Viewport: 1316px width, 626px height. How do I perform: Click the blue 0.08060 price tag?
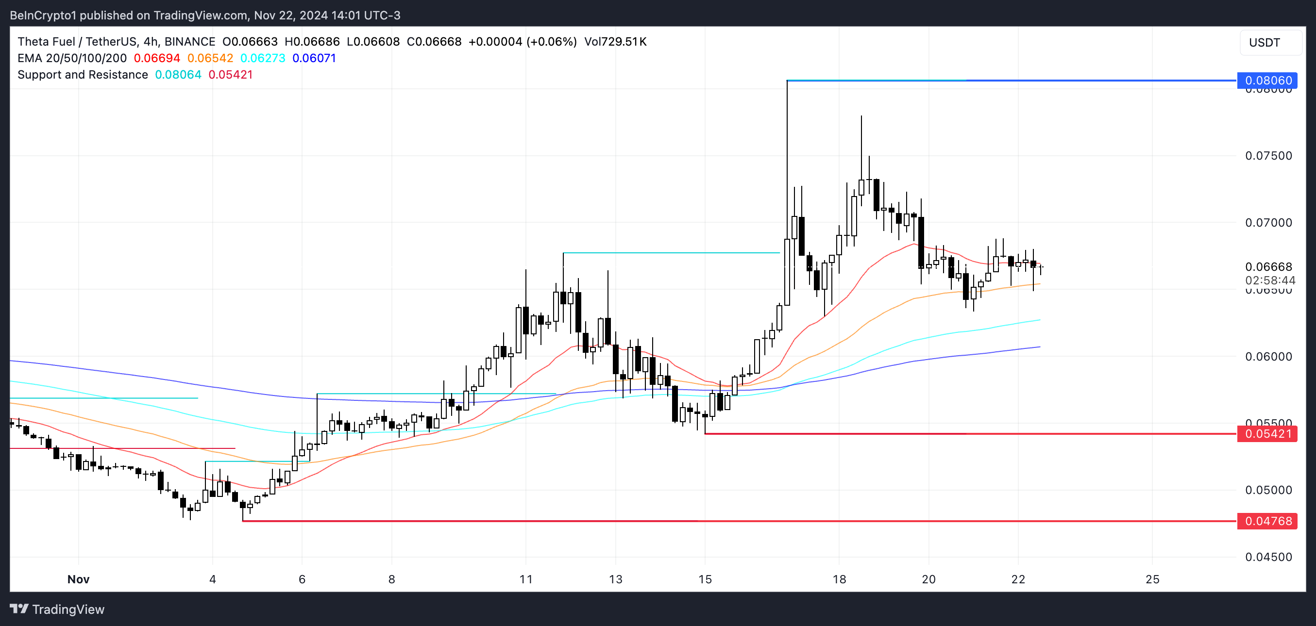tap(1267, 81)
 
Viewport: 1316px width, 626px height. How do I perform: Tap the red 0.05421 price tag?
tap(1267, 434)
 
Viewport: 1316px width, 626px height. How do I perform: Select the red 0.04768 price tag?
tap(1267, 521)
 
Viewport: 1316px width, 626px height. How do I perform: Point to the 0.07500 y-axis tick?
tap(1268, 156)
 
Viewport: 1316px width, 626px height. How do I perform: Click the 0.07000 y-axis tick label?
tap(1268, 223)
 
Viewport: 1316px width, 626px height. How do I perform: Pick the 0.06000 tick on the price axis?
tap(1268, 356)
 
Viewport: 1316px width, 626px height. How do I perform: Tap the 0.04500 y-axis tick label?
tap(1268, 557)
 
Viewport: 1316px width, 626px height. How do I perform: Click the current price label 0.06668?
tap(1268, 266)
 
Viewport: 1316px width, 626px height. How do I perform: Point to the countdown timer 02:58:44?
tap(1270, 280)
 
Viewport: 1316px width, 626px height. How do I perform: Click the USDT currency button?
tap(1265, 42)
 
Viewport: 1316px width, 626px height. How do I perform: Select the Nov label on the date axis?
tap(78, 579)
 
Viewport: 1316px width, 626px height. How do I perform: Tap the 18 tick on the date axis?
tap(839, 579)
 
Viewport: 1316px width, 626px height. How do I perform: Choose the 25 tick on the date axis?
tap(1152, 579)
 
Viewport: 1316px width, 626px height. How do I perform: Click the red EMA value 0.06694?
tap(157, 58)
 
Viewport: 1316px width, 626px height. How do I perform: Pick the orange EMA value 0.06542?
tap(210, 58)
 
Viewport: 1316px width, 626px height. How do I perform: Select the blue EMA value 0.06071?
tap(314, 58)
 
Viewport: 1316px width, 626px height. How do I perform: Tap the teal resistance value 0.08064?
tap(178, 75)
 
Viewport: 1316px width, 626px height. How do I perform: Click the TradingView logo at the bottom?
tap(57, 609)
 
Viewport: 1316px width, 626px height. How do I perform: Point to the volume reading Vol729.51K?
tap(615, 42)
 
